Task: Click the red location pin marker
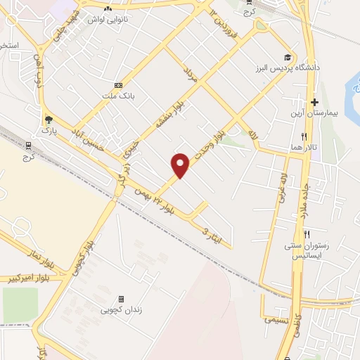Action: point(181,164)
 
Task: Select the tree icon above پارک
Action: point(49,120)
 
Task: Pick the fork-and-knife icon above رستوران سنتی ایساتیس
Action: point(306,234)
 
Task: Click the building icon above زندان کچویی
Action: point(121,298)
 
